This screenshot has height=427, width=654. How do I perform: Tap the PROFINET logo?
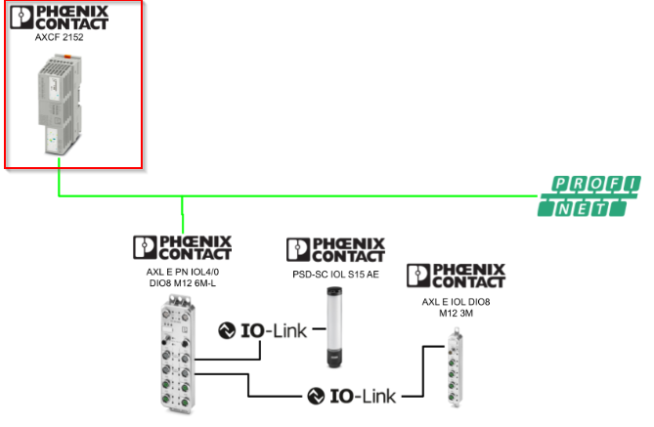[x=590, y=195]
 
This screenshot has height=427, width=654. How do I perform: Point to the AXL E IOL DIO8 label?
[x=456, y=302]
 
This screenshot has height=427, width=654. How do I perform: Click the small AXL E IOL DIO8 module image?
[x=455, y=371]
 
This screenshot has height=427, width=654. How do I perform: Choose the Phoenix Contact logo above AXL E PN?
[x=182, y=247]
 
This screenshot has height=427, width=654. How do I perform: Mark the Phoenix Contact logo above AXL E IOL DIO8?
[x=456, y=277]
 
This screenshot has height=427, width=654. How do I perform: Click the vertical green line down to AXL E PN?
[x=183, y=215]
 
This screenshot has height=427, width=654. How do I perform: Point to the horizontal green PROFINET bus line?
[x=342, y=196]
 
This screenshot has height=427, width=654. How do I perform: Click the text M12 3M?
[x=456, y=314]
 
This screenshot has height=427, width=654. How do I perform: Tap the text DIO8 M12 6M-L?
[x=182, y=282]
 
